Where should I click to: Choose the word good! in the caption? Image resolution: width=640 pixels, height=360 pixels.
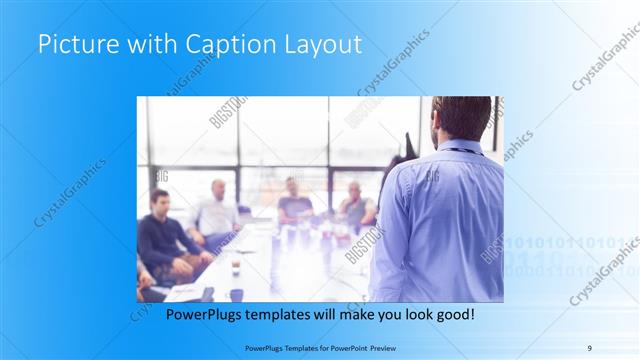tap(453, 314)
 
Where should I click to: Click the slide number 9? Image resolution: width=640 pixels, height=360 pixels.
tap(589, 347)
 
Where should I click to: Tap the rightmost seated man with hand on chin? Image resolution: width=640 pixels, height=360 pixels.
tap(355, 205)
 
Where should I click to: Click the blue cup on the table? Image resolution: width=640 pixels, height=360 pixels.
tap(237, 294)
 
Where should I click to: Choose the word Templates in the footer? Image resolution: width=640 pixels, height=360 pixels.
tap(293, 347)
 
